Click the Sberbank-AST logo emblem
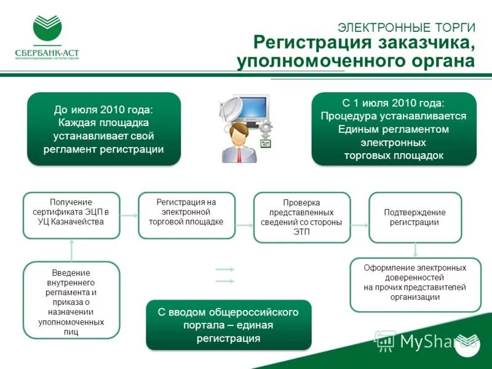point(47,29)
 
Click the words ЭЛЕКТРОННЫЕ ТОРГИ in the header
point(407,27)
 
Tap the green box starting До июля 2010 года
point(104,129)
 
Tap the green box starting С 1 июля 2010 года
point(394,129)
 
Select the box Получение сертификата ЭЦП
point(71,215)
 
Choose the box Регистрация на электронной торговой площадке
point(186,215)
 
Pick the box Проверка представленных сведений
point(301,217)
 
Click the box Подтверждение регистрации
point(415,217)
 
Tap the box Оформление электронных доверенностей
point(415,284)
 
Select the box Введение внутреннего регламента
point(71,300)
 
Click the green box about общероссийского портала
point(228,325)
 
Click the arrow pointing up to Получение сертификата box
point(71,250)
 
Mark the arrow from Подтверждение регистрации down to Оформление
point(416,250)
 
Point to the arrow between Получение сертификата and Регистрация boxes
point(129,216)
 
